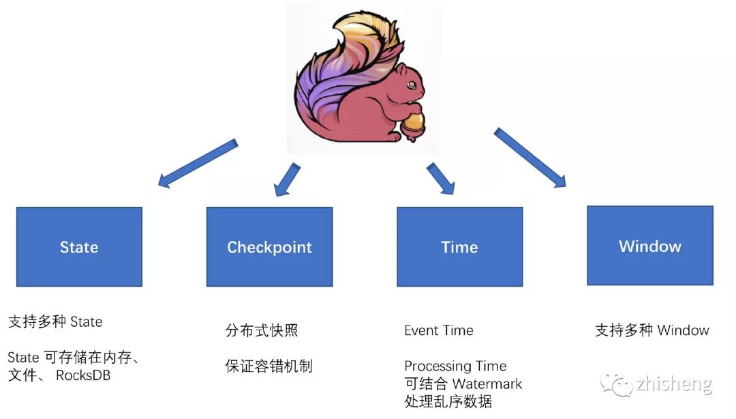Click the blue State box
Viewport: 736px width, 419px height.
click(x=79, y=246)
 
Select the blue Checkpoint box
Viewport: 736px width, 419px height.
click(x=269, y=246)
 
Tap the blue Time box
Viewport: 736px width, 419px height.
click(x=459, y=246)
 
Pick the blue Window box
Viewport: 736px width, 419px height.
click(x=649, y=246)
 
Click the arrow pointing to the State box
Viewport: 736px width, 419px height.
click(x=197, y=163)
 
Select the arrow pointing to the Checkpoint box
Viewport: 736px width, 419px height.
click(x=287, y=179)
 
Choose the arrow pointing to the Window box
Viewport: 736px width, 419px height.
click(x=530, y=158)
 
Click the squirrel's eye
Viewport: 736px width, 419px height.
click(x=411, y=85)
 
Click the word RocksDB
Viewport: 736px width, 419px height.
click(x=83, y=375)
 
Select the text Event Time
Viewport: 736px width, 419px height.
click(x=438, y=330)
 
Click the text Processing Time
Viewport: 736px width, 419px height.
click(x=455, y=366)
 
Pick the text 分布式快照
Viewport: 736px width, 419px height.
click(x=262, y=331)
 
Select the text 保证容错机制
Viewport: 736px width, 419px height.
click(x=269, y=366)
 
